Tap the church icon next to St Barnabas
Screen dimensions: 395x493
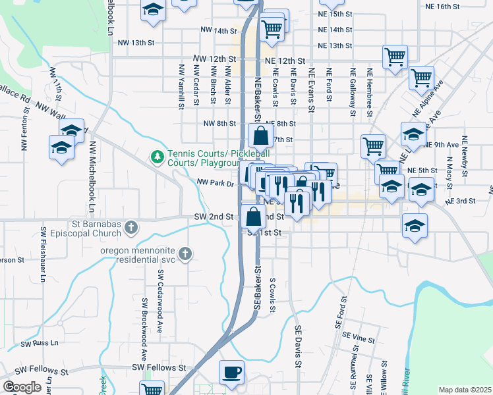tap(132, 228)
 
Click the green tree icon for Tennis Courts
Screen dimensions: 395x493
tap(157, 157)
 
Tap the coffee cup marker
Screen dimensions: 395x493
tap(231, 373)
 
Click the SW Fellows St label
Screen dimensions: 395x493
tap(159, 367)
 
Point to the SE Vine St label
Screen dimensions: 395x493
tap(358, 340)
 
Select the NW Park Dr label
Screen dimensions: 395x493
tap(216, 184)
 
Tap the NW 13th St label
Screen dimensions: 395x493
tap(136, 43)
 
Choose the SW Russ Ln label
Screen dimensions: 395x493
tap(40, 344)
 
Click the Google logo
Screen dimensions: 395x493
tap(22, 387)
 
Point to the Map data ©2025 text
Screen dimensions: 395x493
tap(464, 390)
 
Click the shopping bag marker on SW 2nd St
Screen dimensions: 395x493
tap(254, 216)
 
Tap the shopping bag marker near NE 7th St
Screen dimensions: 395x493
tap(261, 136)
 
